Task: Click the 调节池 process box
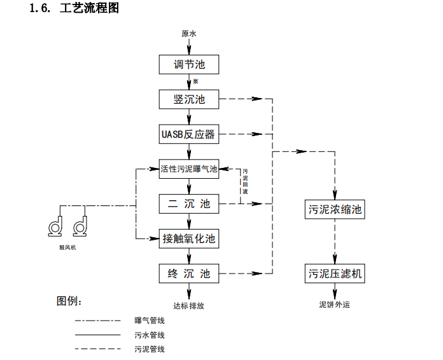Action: point(189,65)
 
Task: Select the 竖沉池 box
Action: point(189,99)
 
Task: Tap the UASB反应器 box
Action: point(189,134)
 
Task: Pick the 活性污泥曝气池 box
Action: point(189,169)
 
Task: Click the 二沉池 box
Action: point(189,204)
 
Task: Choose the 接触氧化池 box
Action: point(189,239)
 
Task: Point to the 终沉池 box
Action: point(189,273)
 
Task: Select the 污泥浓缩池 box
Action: point(335,209)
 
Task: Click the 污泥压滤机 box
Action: point(335,273)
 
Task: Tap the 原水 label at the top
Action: point(189,34)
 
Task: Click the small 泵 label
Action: point(195,81)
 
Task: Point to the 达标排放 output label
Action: point(189,306)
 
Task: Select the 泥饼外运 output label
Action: point(335,305)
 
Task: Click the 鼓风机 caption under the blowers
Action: point(67,247)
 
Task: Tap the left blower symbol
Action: point(55,226)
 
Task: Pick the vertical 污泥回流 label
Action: point(245,181)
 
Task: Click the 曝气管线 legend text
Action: point(150,321)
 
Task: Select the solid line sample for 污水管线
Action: point(98,335)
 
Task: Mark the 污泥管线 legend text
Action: point(150,349)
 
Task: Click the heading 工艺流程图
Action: point(89,8)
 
